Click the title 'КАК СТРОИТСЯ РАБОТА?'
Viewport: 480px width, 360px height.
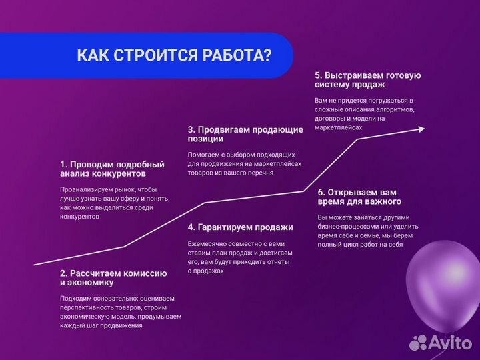pos(174,55)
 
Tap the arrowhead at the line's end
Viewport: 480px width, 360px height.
pos(420,129)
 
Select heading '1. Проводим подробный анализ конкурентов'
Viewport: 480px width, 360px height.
pos(112,169)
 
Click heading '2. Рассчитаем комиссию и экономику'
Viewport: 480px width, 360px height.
pos(113,278)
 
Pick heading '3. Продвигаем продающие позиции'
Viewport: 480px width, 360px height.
pos(245,134)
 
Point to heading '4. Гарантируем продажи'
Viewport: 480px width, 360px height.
pos(241,227)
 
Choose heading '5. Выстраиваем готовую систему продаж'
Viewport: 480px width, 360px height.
pos(367,80)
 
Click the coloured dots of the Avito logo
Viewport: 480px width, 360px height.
pos(418,342)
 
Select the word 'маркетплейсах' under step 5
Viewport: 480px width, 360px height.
pos(339,127)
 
